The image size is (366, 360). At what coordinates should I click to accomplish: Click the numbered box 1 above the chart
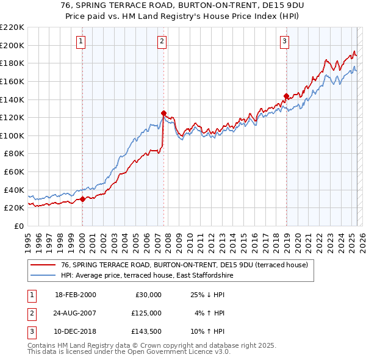click(81, 41)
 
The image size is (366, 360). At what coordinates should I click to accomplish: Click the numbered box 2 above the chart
click(162, 41)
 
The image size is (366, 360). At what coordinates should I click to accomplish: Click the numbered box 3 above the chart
click(285, 41)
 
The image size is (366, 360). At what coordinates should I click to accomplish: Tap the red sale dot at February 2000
click(82, 198)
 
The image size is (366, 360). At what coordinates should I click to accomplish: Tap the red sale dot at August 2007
click(163, 113)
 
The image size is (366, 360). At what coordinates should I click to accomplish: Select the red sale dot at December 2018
click(285, 96)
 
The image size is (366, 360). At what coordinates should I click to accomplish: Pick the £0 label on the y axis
click(19, 226)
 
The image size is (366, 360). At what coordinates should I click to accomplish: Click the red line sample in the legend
click(43, 265)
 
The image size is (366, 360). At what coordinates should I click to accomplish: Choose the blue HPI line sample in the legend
click(43, 275)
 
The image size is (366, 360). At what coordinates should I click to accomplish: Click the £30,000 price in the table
click(148, 295)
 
